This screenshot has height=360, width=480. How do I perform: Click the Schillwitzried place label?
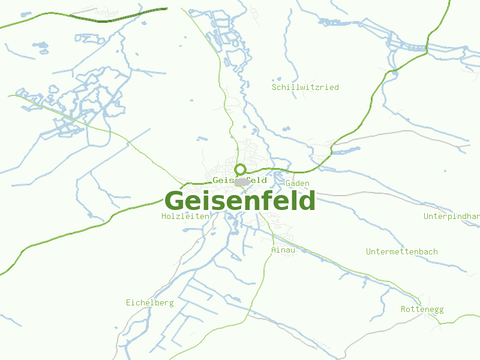(305, 87)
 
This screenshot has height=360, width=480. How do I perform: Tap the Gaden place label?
(298, 183)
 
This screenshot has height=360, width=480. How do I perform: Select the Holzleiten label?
(185, 216)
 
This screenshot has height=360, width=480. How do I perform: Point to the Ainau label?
(283, 250)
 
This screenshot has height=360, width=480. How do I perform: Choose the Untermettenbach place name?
(402, 251)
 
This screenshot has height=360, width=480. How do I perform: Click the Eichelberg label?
(149, 302)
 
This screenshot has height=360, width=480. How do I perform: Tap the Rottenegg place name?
(422, 309)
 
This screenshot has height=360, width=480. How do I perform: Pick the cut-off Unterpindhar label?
(451, 216)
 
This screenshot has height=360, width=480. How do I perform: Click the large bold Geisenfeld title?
(240, 200)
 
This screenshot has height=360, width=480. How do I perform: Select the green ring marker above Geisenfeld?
(241, 169)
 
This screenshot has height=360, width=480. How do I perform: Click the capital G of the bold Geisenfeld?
(175, 201)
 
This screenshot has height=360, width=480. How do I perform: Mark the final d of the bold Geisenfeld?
(307, 200)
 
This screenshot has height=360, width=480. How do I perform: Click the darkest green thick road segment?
(108, 20)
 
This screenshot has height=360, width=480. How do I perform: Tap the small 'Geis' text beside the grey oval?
(223, 180)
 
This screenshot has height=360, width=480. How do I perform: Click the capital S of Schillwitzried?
(274, 87)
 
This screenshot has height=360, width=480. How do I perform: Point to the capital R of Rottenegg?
(403, 309)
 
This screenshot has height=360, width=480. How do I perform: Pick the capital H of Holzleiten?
(164, 216)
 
